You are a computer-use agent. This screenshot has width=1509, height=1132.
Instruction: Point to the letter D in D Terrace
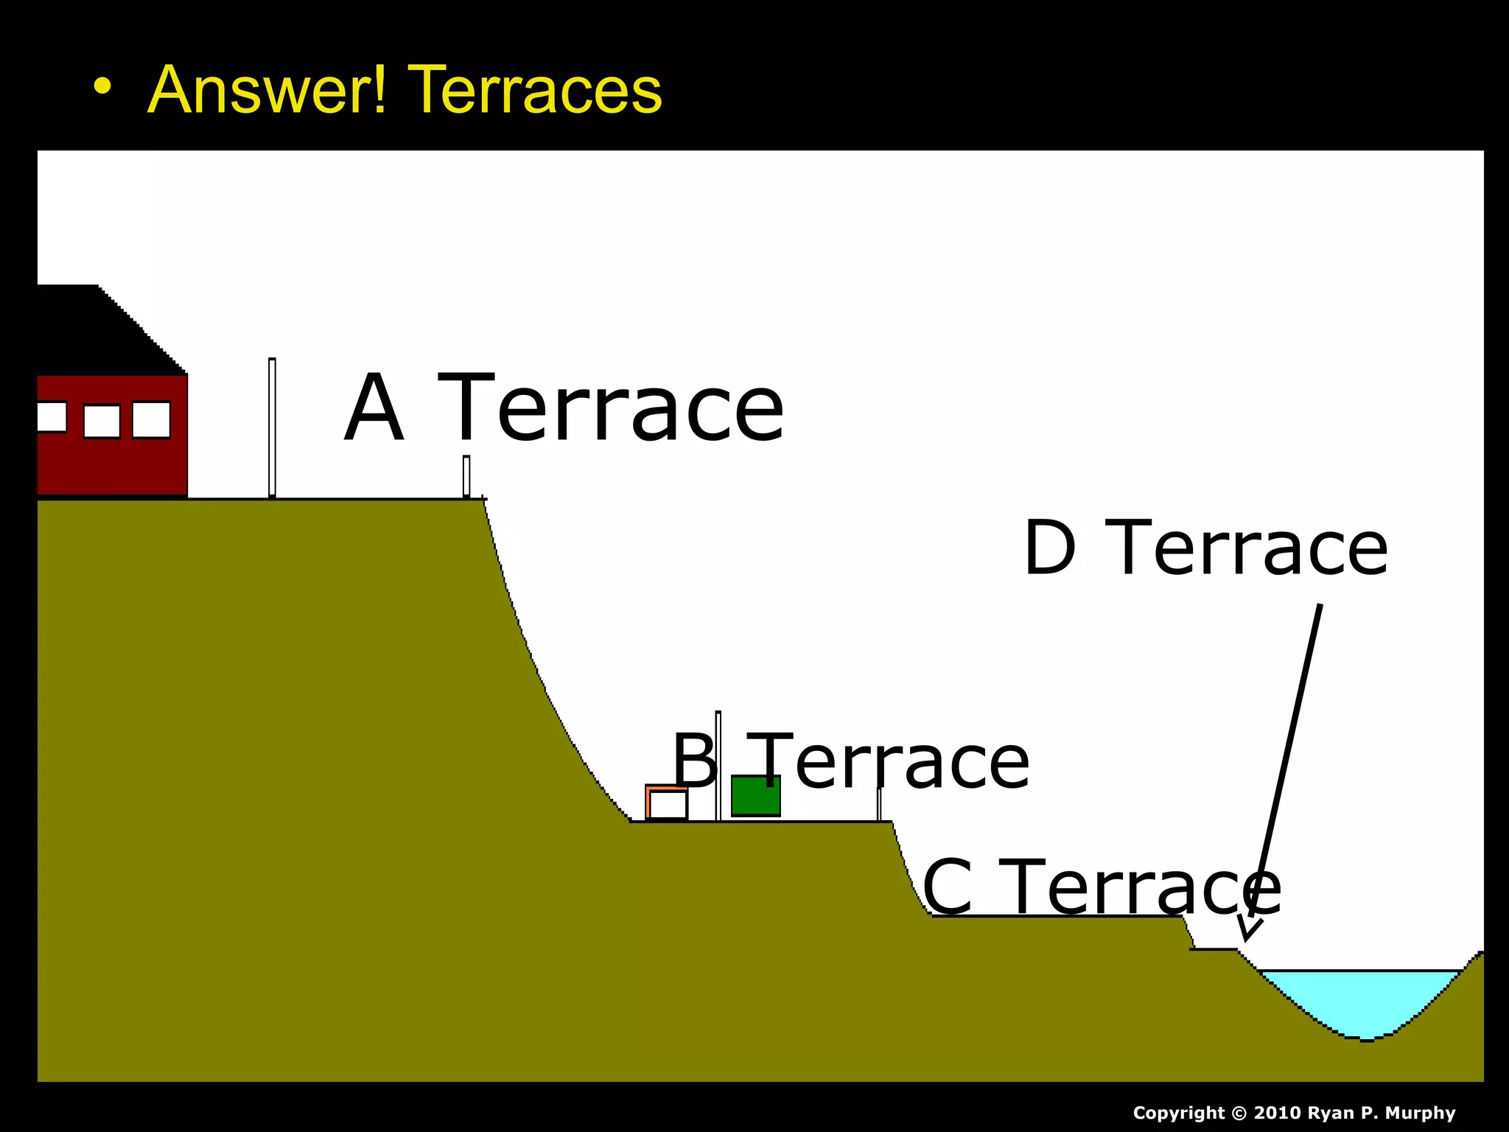1049,548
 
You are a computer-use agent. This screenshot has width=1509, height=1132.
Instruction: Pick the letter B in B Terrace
693,761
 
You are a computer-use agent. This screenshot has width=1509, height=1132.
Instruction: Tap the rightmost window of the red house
151,420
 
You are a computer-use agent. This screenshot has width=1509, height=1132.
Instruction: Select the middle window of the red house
102,422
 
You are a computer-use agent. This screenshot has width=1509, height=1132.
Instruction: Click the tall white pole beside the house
272,427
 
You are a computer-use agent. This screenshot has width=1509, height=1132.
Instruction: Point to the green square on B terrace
755,796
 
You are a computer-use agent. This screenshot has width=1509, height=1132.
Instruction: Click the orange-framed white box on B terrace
667,803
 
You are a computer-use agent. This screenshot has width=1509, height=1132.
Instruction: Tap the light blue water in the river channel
1363,999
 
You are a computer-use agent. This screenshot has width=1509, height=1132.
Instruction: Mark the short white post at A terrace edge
466,476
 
